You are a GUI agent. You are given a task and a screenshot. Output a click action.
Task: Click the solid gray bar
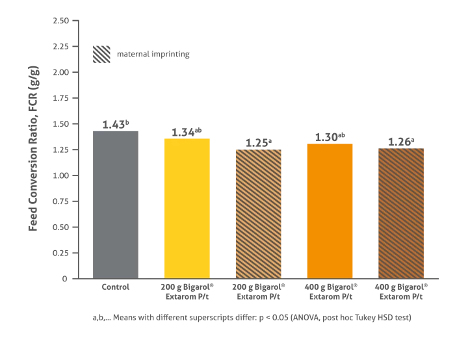[x=114, y=204]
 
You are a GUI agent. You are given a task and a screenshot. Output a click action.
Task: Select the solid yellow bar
[x=187, y=207]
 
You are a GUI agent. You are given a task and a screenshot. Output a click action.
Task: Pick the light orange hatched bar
[x=259, y=212]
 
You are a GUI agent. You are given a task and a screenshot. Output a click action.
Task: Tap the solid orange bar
[x=330, y=209]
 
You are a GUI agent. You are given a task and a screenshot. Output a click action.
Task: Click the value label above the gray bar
[x=114, y=125]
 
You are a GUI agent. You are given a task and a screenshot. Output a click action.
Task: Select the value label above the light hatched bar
[x=259, y=141]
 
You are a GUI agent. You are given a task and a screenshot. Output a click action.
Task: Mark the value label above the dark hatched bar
[x=400, y=141]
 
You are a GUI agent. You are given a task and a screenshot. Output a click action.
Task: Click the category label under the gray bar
[x=114, y=285]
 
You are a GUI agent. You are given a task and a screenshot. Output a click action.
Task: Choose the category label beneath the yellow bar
[x=187, y=290]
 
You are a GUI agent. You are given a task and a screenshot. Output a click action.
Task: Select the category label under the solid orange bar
[x=330, y=290]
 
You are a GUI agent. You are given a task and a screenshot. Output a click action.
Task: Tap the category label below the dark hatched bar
[x=403, y=290]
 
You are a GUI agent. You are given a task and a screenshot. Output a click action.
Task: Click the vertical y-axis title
[x=33, y=148]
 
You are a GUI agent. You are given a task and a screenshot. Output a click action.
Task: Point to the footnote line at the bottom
[x=252, y=317]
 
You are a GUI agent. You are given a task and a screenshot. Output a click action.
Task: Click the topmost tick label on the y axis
[x=62, y=21]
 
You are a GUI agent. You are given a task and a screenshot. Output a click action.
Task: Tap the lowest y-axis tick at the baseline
[x=65, y=281]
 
